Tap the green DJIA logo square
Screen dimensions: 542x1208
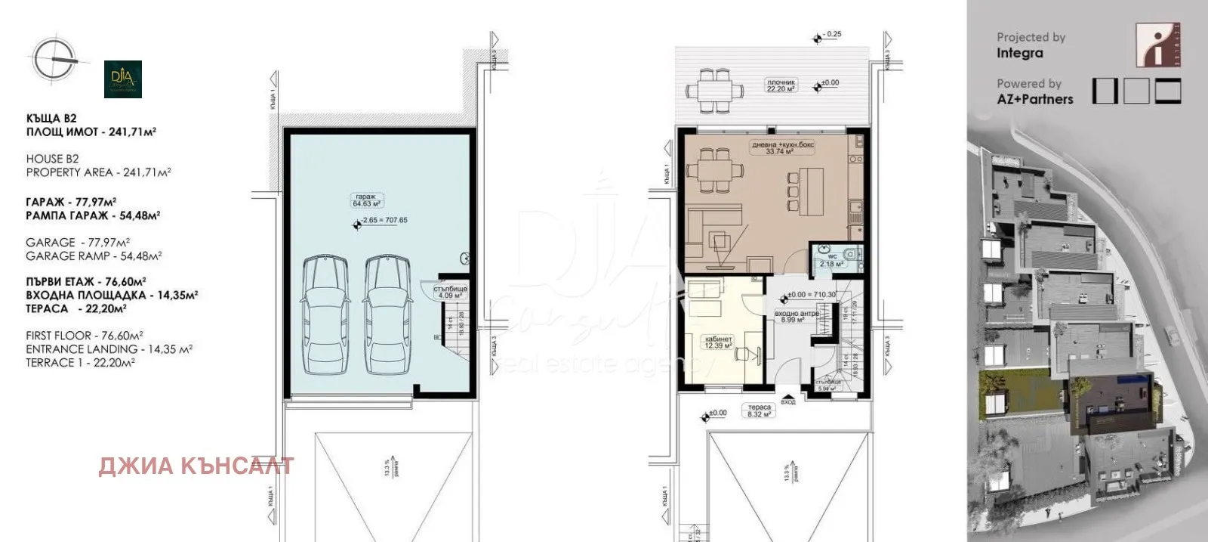pos(123,79)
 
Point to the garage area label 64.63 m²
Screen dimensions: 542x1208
pos(366,200)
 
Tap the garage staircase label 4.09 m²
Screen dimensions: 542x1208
pos(450,292)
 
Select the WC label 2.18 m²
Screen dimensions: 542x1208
pos(831,260)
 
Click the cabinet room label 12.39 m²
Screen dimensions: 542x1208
pos(719,342)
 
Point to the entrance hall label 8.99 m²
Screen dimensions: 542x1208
pos(796,316)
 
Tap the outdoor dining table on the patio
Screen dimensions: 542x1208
pos(713,90)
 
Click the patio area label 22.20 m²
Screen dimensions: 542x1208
pos(781,85)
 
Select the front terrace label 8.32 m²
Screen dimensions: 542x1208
pos(759,410)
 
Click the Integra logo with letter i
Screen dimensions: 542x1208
pos(1157,45)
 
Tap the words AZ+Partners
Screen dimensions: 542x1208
pos(1034,99)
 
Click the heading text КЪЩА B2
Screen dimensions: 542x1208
pos(51,119)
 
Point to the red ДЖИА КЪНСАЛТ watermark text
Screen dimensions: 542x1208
pos(196,466)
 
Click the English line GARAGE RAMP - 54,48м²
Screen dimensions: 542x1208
pos(94,256)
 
